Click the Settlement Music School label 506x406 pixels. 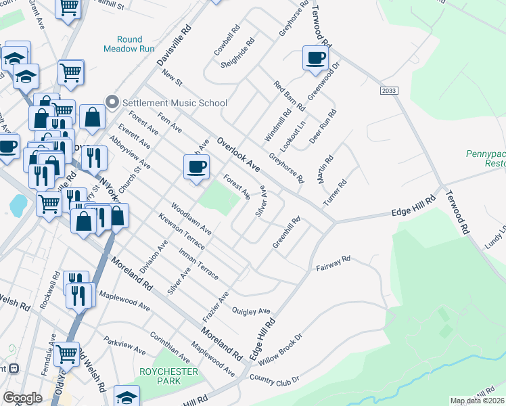(174, 103)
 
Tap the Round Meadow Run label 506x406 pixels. (129, 44)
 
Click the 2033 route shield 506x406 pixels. (389, 90)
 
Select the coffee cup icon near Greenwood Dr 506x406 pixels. (314, 58)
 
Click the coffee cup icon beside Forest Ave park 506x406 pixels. (197, 166)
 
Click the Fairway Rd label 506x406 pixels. (333, 264)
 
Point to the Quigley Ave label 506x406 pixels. (251, 311)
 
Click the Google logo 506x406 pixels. (22, 398)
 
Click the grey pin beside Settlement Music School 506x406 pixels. (112, 103)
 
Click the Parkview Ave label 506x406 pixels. (124, 345)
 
